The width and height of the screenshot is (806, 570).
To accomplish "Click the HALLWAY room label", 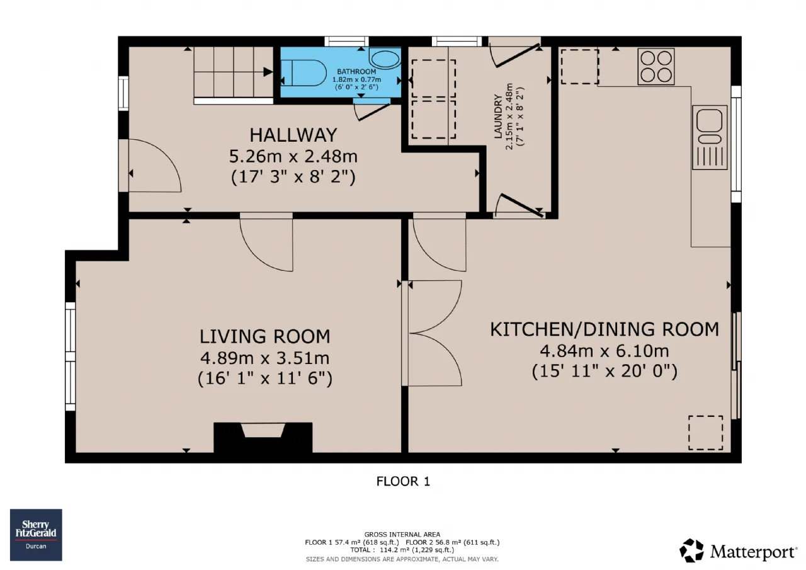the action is [x=293, y=135].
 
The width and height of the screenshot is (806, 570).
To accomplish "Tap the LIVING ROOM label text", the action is [x=265, y=337].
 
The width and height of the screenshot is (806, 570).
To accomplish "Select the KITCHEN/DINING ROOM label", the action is [x=604, y=329].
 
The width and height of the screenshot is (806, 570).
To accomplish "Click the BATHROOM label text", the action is [x=356, y=72].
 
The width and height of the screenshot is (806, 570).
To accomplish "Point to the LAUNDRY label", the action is [x=498, y=117].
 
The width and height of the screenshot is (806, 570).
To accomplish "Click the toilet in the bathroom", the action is [x=303, y=73].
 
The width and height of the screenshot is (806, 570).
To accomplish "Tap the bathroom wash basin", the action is [x=385, y=59].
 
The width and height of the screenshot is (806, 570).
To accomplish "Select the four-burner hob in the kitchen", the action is [x=656, y=67].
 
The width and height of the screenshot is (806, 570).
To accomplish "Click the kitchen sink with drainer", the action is [x=710, y=137].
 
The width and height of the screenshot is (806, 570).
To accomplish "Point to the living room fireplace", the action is [x=263, y=437].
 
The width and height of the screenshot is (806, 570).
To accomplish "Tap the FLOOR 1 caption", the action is [x=403, y=481].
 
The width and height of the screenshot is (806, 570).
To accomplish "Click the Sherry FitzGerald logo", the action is [x=36, y=535].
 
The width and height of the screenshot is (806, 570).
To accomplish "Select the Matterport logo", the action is [x=737, y=551].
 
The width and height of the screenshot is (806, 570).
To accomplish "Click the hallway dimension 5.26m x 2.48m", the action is [x=293, y=157].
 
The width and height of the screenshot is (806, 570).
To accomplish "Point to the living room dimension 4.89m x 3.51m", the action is [x=265, y=358].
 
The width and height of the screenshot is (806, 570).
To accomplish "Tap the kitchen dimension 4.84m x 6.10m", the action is [x=604, y=351].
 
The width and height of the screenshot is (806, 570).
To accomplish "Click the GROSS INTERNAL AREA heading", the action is [x=402, y=535].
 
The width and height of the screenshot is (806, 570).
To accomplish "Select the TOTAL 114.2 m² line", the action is [x=402, y=550].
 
